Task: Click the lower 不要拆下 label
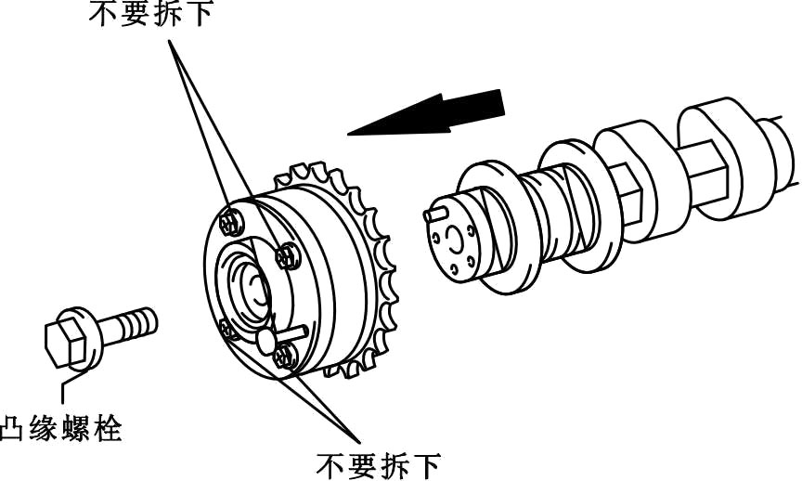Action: pyautogui.click(x=378, y=462)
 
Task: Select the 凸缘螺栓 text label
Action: pyautogui.click(x=63, y=430)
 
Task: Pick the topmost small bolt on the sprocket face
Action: pyautogui.click(x=231, y=220)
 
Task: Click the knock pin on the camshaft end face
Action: pyautogui.click(x=433, y=214)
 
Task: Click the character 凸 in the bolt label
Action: pyautogui.click(x=16, y=430)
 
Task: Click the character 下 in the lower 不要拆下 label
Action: pyautogui.click(x=424, y=462)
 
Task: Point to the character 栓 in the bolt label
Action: pyautogui.click(x=109, y=430)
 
